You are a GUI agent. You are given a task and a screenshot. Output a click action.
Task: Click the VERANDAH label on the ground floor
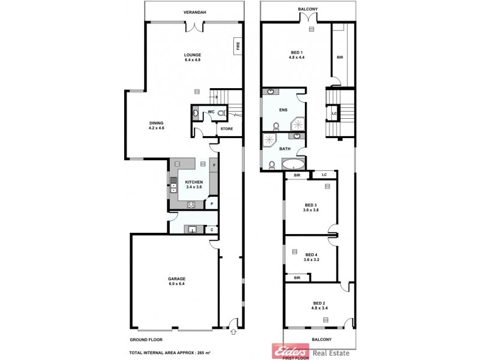tap(193, 12)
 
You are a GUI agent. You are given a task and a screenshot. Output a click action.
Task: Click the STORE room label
tap(226, 128)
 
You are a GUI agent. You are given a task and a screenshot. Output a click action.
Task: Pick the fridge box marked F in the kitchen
tap(214, 164)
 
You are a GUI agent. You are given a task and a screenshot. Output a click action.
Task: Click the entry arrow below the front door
tap(233, 331)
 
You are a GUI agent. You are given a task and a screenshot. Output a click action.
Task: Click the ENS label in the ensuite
tap(284, 110)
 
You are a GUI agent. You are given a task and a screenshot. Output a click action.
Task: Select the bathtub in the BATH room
tap(293, 164)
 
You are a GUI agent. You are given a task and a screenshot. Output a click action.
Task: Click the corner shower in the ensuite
tap(298, 123)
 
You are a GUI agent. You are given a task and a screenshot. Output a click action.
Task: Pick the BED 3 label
tap(310, 208)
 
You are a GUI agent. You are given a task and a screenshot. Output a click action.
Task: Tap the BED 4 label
tap(310, 256)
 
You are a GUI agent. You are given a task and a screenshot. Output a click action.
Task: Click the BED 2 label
tap(319, 305)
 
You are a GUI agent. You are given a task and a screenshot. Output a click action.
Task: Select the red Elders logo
tap(284, 350)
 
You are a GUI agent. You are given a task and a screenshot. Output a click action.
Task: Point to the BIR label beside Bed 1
tap(340, 58)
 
